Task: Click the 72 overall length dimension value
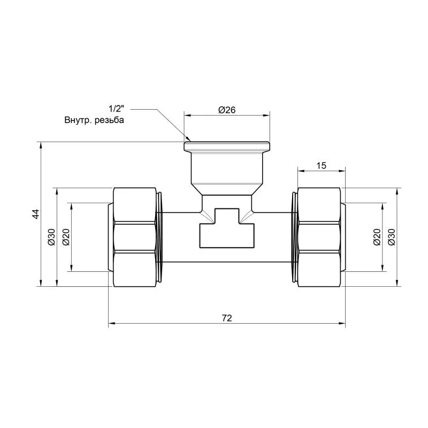pos(227,318)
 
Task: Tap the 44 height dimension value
pos(36,214)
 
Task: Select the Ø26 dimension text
pos(227,110)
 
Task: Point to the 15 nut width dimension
pos(322,165)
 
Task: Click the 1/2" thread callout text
pos(117,109)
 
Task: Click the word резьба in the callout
pos(109,120)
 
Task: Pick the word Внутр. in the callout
pos(78,120)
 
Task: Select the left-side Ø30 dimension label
pos(51,237)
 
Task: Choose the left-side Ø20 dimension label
pos(66,237)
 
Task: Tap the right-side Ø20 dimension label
pos(377,237)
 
